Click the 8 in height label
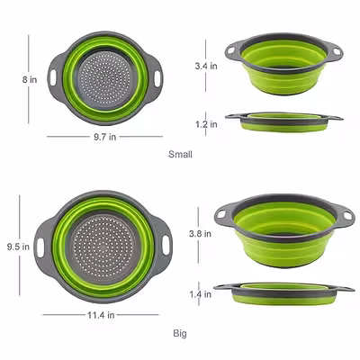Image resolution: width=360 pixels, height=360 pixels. (30, 79)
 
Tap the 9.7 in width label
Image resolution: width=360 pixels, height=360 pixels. (104, 137)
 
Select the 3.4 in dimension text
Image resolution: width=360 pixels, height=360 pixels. (206, 66)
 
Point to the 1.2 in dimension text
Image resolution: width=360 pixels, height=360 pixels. (206, 124)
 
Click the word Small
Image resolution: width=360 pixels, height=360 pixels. (180, 155)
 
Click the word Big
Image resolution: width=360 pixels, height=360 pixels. (180, 333)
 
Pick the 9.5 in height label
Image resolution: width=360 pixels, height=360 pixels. (18, 247)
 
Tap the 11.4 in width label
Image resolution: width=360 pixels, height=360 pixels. (101, 315)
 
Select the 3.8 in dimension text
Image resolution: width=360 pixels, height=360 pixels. (200, 234)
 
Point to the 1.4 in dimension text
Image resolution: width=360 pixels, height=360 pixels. (200, 294)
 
